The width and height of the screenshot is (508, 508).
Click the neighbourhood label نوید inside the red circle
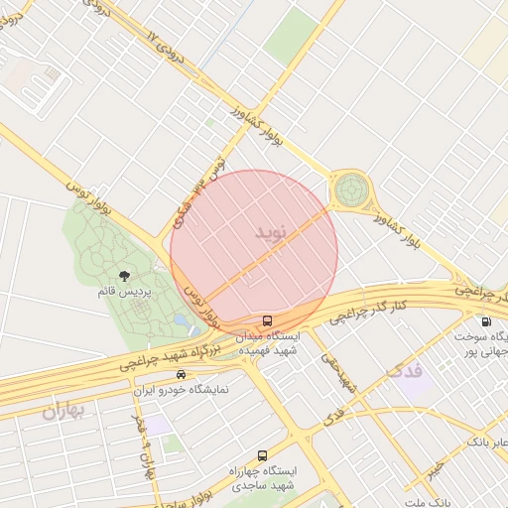click(x=269, y=234)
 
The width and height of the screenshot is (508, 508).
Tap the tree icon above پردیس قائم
click(x=125, y=277)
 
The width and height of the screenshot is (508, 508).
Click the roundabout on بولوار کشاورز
click(x=350, y=188)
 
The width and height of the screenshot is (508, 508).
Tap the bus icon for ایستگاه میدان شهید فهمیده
click(x=268, y=320)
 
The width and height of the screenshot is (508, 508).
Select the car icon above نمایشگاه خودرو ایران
click(x=181, y=374)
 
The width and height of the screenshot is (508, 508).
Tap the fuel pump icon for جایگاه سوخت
click(x=485, y=320)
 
